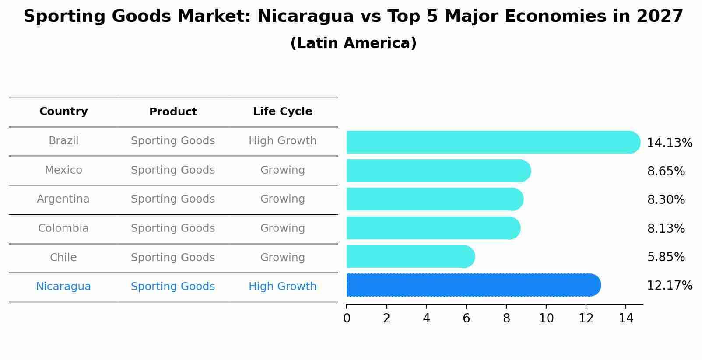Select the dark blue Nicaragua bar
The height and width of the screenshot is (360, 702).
[473, 285]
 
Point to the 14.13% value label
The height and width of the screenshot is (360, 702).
[669, 143]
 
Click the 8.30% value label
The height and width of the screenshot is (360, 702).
[666, 200]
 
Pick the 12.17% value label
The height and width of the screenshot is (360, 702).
[669, 286]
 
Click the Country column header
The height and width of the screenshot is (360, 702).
[63, 112]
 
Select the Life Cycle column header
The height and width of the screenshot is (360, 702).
[282, 112]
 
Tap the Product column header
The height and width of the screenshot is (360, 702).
[173, 112]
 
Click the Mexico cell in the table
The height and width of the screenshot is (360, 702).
[63, 170]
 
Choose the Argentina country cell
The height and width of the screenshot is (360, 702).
[63, 199]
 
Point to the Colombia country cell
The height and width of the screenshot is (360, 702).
[63, 228]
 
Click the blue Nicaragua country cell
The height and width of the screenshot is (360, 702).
[63, 287]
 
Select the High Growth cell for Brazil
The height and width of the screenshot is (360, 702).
[282, 141]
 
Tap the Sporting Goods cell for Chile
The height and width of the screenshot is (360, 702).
[173, 258]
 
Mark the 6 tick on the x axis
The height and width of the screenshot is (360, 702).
[467, 318]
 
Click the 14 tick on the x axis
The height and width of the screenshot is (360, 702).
[626, 318]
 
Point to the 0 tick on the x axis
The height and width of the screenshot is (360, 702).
[347, 318]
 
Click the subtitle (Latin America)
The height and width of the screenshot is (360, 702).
[353, 43]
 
